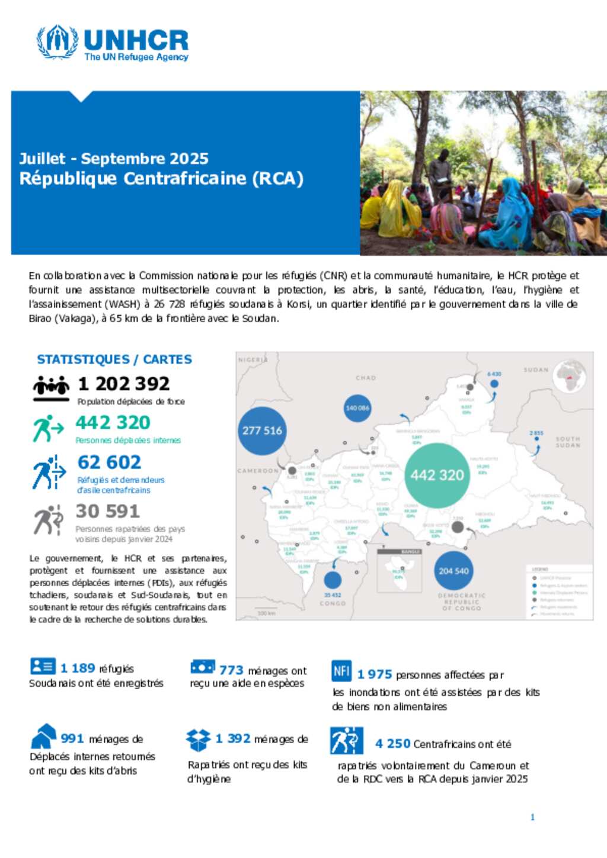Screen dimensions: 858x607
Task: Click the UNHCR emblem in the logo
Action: pos(57,41)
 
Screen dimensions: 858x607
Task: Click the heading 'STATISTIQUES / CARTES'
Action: pos(114,359)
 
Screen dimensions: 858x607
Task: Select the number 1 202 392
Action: pos(124,384)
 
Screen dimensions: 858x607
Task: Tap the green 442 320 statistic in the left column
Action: pos(113,423)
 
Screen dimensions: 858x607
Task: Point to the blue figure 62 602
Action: pos(110,462)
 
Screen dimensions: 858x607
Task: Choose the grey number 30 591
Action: pos(107,511)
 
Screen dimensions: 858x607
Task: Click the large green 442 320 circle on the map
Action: pos(437,475)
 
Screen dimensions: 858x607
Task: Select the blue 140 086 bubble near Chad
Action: pos(357,408)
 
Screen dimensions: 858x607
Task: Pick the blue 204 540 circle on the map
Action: pos(453,571)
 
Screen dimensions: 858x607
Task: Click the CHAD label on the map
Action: pos(366,377)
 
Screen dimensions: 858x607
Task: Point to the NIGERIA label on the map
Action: pos(253,359)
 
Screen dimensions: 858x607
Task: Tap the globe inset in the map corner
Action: pos(570,377)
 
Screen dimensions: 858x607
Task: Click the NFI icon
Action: pos(341,671)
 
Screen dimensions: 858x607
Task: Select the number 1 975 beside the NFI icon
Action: pos(375,674)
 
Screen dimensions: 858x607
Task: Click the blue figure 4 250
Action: pos(392,744)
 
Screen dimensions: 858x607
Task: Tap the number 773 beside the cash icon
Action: pos(231,670)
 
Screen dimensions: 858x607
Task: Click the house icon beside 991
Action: pos(43,737)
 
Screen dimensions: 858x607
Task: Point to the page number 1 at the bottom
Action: pos(532,817)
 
